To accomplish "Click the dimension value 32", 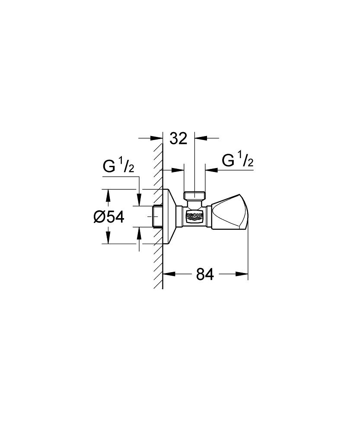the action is coord(178,138).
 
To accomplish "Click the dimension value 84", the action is coord(205,274).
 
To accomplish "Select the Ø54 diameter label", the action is coord(109,217).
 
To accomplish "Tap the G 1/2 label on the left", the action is coord(118,166).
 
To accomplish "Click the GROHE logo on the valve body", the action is coord(195,216).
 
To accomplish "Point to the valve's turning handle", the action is coord(229,212).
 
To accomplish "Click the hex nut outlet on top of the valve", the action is coord(194,195).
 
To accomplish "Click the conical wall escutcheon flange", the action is coord(169,216).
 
